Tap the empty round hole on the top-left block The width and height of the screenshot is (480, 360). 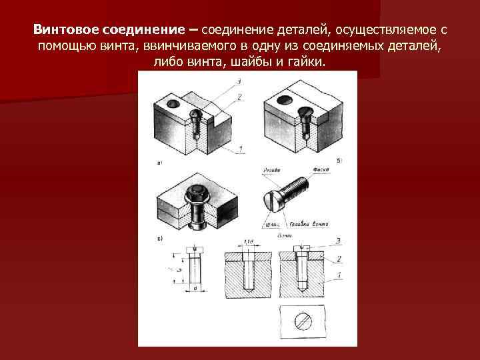173,104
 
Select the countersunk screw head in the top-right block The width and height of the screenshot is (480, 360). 307,111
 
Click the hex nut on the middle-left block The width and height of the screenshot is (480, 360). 197,195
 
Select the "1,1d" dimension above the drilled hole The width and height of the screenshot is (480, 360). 250,241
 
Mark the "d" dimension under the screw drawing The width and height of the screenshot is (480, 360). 193,289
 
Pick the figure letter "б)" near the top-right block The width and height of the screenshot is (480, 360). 340,159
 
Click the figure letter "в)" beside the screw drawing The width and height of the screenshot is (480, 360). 159,237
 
